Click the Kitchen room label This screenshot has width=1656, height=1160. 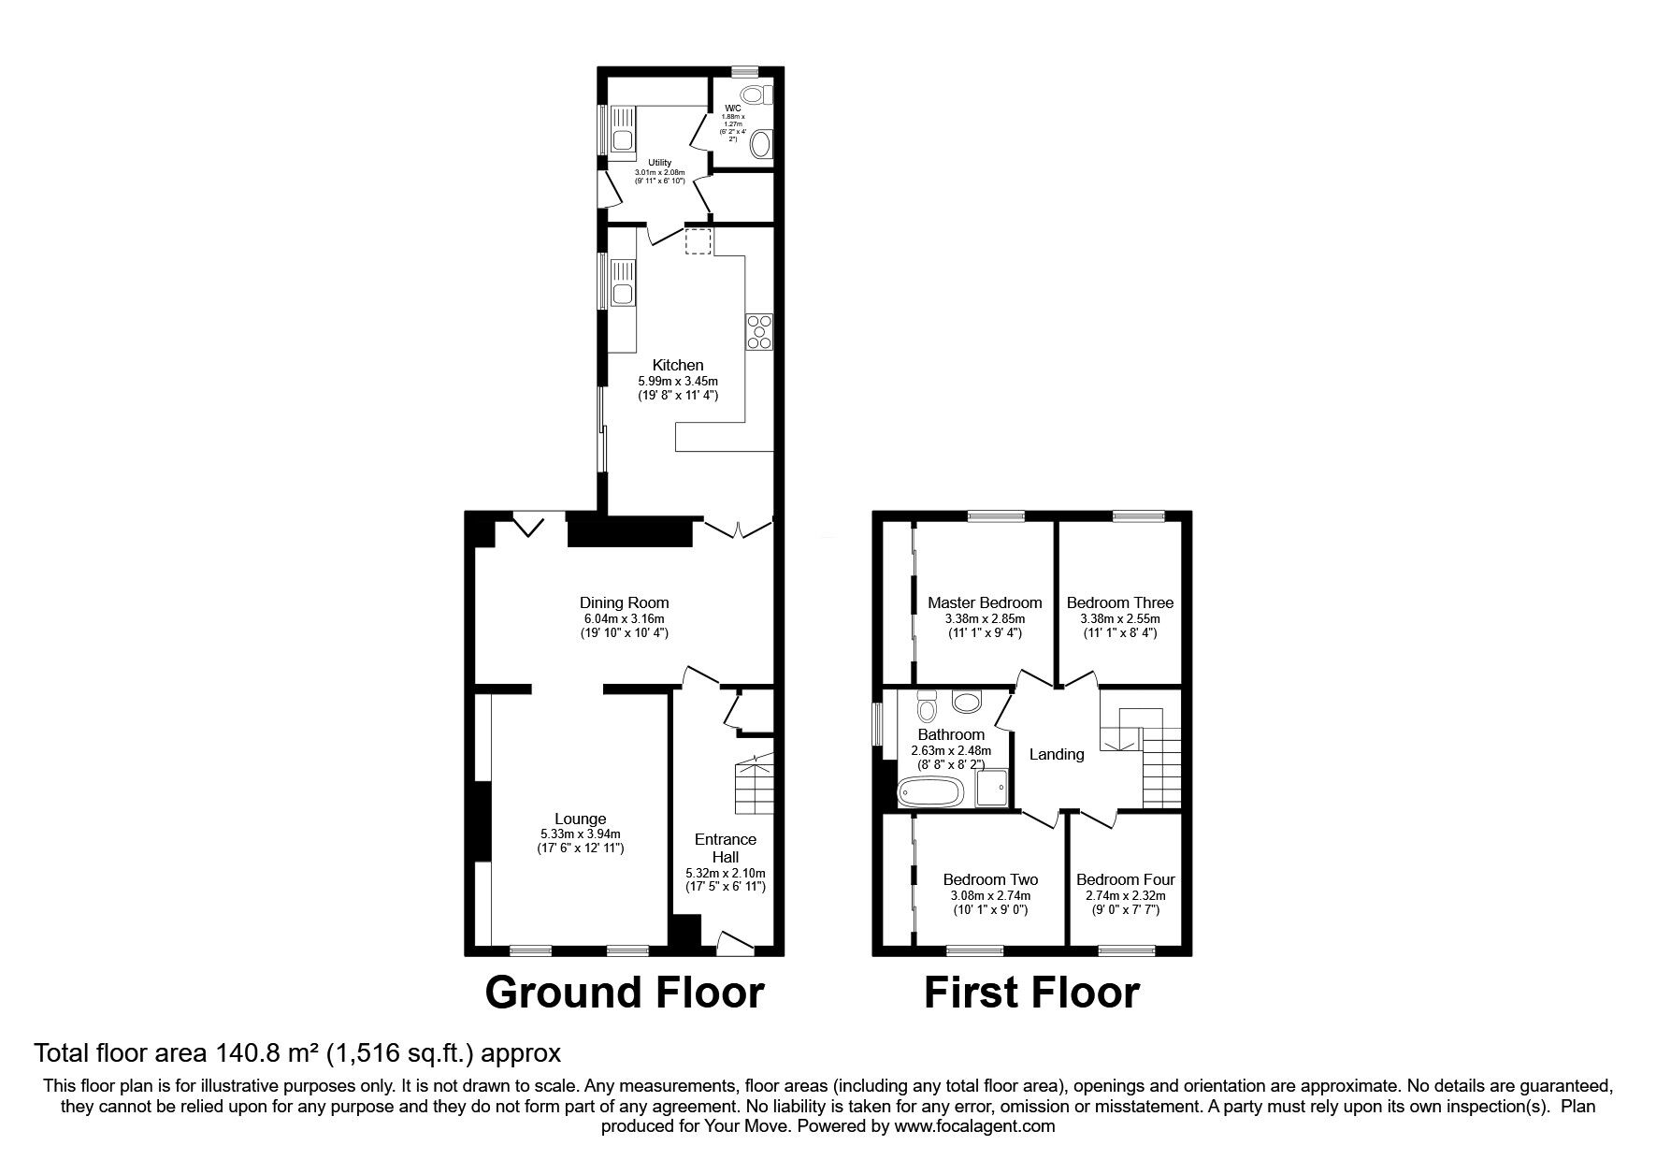pyautogui.click(x=678, y=365)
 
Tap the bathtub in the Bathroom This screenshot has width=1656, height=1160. pyautogui.click(x=929, y=792)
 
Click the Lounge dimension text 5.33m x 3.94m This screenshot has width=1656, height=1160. pyautogui.click(x=580, y=834)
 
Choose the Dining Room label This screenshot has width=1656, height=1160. pyautogui.click(x=624, y=602)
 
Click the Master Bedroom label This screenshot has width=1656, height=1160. pyautogui.click(x=985, y=602)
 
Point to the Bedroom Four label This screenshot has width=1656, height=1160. pyautogui.click(x=1125, y=879)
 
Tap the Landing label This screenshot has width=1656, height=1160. pyautogui.click(x=1057, y=754)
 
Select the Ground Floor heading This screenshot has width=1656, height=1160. pyautogui.click(x=624, y=993)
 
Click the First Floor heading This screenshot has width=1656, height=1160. pyautogui.click(x=1031, y=993)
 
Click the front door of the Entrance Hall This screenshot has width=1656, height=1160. pyautogui.click(x=734, y=943)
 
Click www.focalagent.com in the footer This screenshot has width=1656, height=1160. pyautogui.click(x=973, y=1126)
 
